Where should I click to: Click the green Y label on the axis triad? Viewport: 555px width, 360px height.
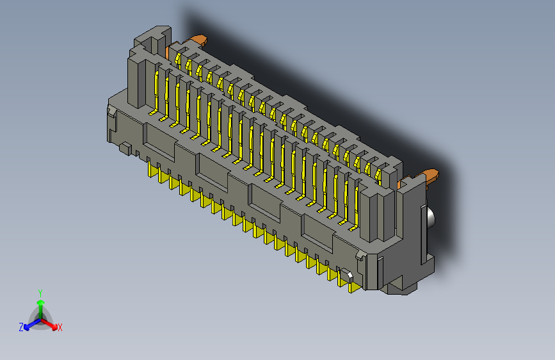40,291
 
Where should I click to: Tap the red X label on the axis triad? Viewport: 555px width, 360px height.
60,328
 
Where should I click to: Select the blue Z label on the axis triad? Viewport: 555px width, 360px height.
21,327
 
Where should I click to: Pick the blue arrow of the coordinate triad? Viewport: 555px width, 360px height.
29,324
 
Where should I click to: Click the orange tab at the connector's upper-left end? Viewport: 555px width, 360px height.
197,42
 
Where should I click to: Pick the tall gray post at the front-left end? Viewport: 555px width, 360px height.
141,80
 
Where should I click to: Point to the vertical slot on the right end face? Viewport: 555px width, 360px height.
423,234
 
